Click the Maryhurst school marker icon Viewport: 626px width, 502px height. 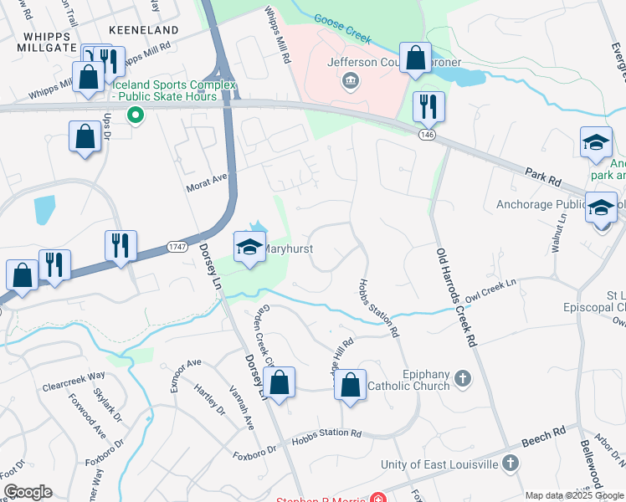tap(249, 246)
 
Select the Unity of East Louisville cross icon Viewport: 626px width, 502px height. tap(511, 464)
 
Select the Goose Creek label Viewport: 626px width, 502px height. tap(341, 28)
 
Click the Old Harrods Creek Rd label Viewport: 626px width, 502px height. tap(456, 296)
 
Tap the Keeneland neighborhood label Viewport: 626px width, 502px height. tap(149, 30)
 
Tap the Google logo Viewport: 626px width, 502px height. tap(28, 492)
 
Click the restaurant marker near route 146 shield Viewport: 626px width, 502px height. tap(428, 105)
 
